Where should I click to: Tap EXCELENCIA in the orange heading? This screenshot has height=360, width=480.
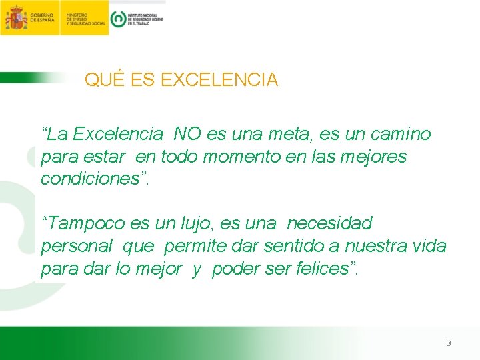coord(219,80)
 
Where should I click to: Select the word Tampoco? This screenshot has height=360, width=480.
coord(85,223)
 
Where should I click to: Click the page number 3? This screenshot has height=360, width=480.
coord(449,343)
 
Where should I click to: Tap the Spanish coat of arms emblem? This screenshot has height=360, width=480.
coord(15,17)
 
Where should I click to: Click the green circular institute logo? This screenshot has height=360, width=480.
coord(118,19)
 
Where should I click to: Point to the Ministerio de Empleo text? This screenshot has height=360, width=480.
coord(86,17)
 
